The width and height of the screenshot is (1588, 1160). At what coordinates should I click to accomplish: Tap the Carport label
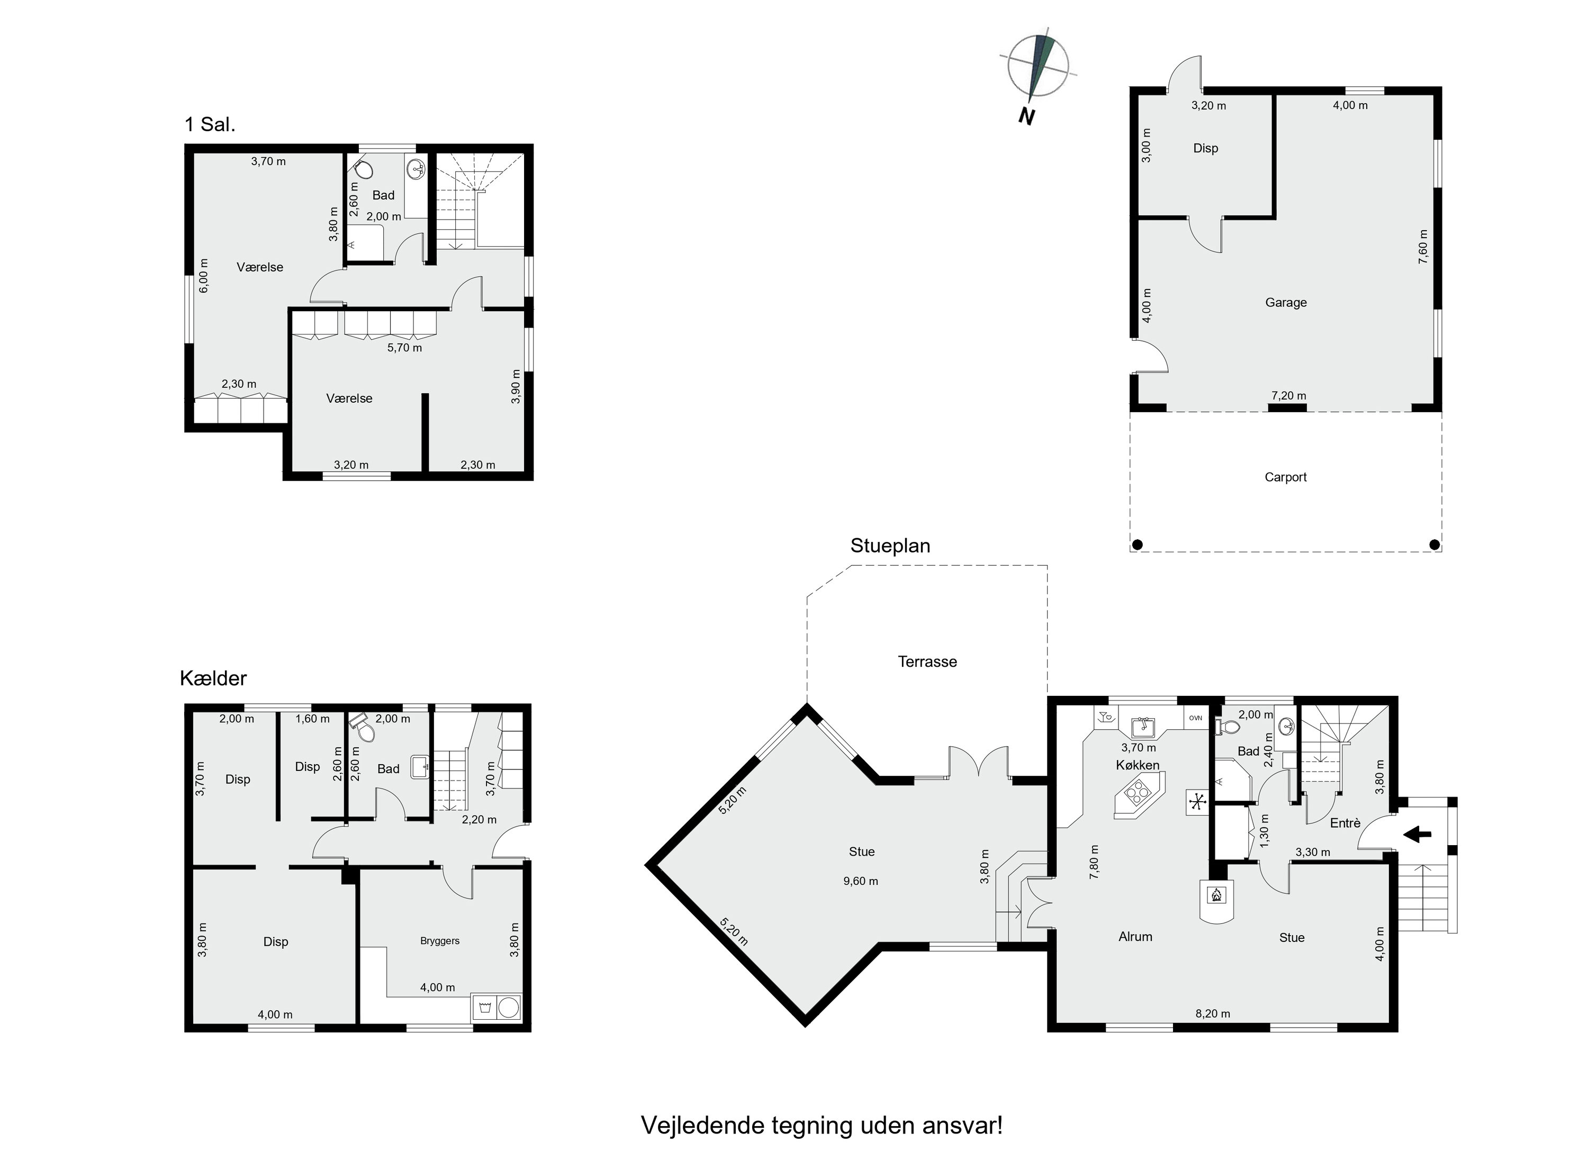1285,477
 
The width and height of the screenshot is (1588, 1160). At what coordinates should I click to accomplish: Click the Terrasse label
927,661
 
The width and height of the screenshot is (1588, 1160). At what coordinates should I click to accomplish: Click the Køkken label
1137,765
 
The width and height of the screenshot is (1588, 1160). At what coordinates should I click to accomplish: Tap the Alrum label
1135,937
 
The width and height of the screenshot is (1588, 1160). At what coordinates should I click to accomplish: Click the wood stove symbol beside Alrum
1216,895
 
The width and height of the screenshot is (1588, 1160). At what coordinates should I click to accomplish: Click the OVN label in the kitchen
1195,718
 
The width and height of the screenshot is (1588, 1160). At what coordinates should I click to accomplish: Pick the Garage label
1285,303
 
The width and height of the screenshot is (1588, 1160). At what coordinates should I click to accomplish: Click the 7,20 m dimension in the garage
1288,396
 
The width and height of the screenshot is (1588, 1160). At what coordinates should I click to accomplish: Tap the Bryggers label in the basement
440,941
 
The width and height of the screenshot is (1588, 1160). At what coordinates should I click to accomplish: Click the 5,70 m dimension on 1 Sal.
404,348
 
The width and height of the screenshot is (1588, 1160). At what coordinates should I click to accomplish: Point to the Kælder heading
213,678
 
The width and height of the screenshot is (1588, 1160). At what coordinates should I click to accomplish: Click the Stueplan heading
890,546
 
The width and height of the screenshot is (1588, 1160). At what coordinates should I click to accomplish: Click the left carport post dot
1138,544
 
